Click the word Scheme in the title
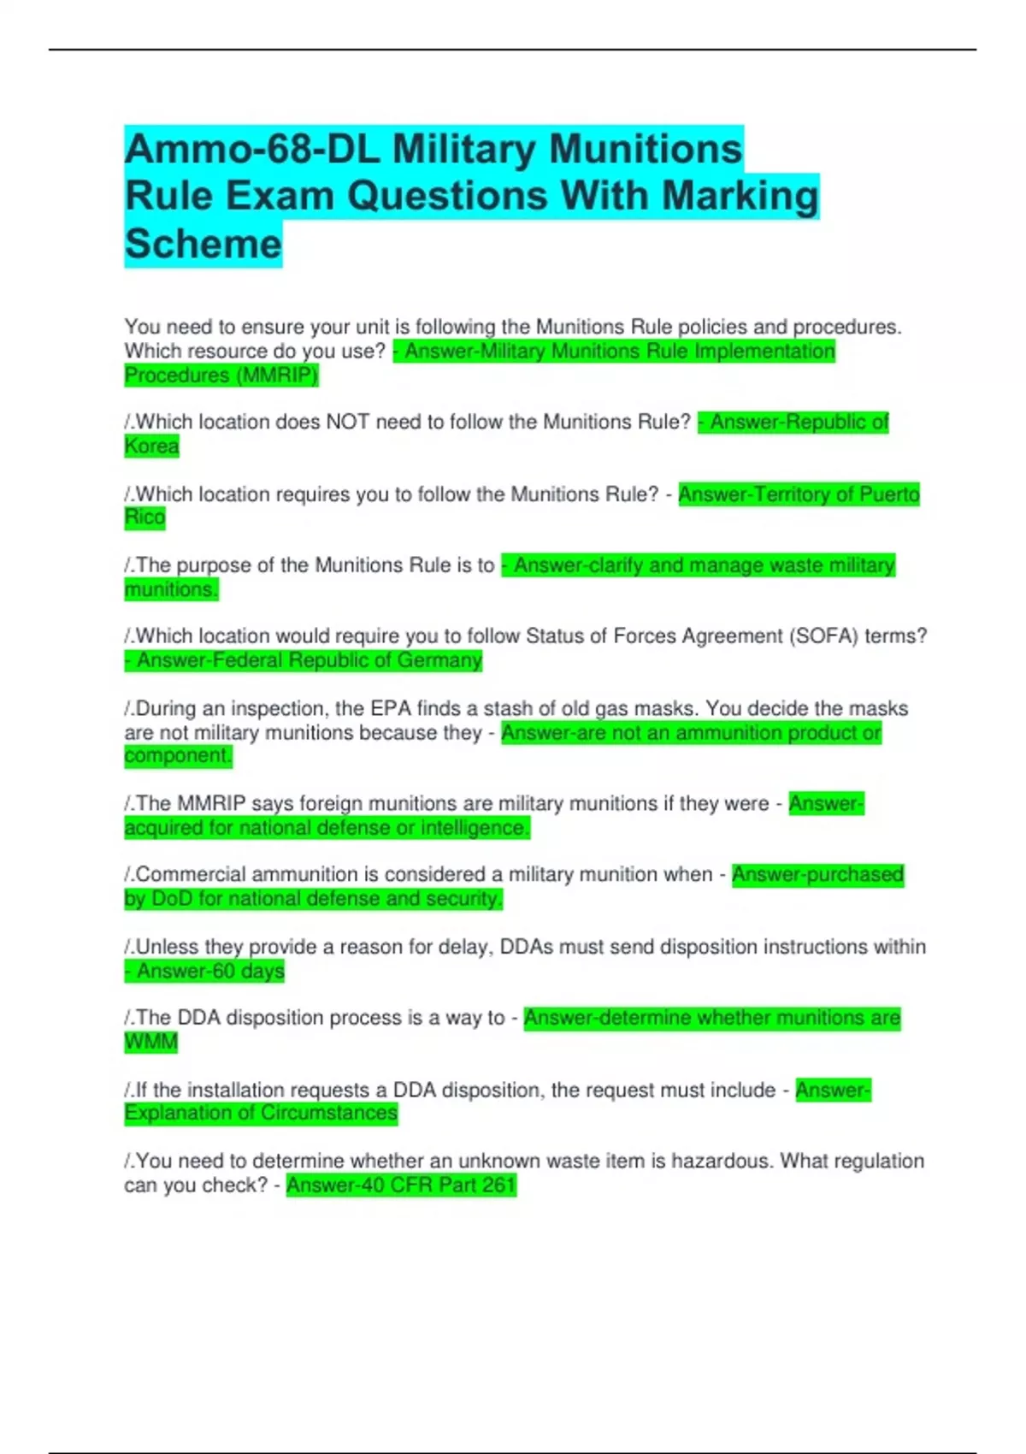pos(203,244)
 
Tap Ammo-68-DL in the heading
pos(252,150)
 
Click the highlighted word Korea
pos(151,446)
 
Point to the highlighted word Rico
pos(144,517)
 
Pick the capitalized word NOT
pos(348,423)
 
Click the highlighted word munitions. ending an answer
pos(171,589)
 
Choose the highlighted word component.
pos(178,756)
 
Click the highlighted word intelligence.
pos(475,828)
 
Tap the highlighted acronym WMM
pos(151,1043)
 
